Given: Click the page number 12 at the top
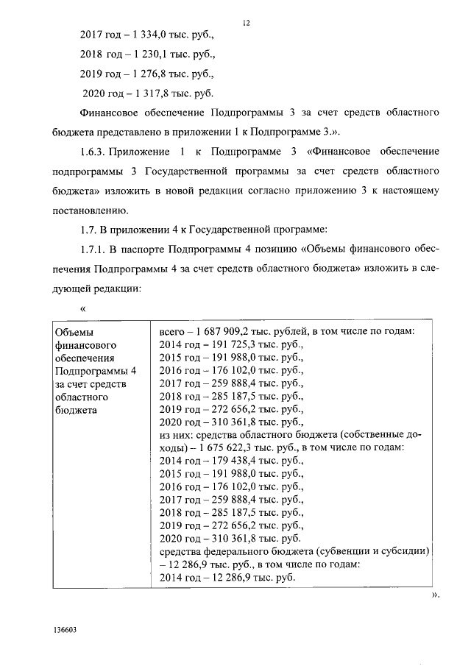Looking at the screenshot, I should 246,23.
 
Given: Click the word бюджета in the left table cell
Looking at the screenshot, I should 76,410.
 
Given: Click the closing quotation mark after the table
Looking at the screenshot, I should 435,595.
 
